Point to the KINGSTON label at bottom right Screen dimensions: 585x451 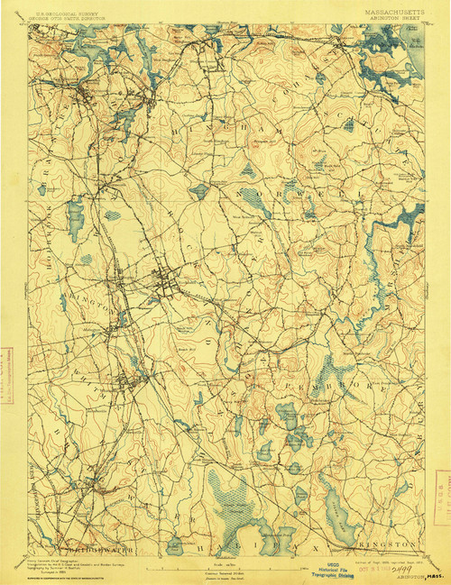[393, 544]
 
